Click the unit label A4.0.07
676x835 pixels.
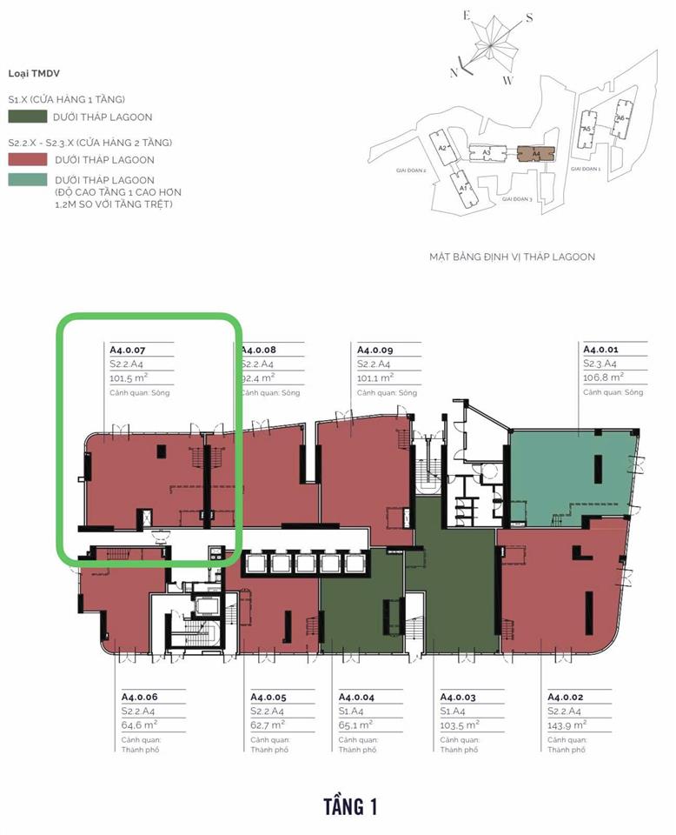coord(129,350)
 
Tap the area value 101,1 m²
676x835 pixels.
coord(375,378)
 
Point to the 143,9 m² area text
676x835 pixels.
coord(567,724)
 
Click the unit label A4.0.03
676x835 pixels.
coord(460,697)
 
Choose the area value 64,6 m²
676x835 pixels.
coord(139,724)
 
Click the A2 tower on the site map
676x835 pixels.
coord(443,148)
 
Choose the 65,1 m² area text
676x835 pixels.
coord(356,724)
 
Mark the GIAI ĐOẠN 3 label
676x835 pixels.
coord(521,199)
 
